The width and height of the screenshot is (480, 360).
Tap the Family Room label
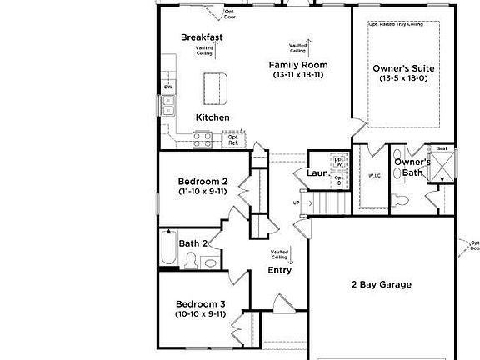point(297,65)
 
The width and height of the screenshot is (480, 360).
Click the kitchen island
point(214,86)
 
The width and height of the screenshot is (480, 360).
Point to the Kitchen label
point(212,117)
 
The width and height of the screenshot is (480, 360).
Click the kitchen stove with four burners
point(203,140)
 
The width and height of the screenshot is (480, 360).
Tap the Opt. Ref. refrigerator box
point(234,139)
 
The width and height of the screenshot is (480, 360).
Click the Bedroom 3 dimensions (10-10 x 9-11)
point(200,314)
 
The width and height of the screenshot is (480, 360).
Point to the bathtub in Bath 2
point(167,247)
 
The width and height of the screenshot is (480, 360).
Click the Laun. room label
point(317,173)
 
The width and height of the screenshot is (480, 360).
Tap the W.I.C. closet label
point(374,176)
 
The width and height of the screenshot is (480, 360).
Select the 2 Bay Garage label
point(381,284)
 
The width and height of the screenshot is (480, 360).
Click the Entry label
point(279,270)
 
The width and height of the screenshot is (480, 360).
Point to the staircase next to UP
point(328,202)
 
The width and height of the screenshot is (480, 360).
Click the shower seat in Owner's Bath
point(441,149)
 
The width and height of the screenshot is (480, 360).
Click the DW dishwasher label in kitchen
point(167,86)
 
